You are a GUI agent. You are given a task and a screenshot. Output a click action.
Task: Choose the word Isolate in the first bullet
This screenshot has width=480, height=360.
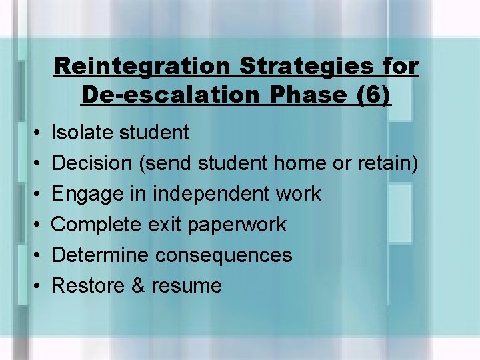[81, 133]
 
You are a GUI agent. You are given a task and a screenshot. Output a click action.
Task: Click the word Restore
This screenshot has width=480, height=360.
[88, 285]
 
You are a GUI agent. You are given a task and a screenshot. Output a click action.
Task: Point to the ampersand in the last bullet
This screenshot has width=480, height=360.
[138, 285]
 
